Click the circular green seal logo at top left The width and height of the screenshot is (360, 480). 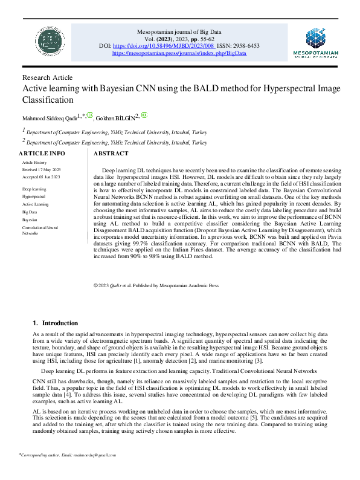pos(46,41)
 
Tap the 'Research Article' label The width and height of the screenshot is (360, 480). pos(47,77)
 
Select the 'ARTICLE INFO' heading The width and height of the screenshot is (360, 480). pos(43,154)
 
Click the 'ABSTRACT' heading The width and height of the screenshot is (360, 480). pos(112,154)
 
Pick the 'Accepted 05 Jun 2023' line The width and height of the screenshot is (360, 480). pos(42,177)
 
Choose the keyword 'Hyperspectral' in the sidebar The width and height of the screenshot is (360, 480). pos(34,196)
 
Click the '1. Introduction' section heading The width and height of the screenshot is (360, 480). pos(55,323)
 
